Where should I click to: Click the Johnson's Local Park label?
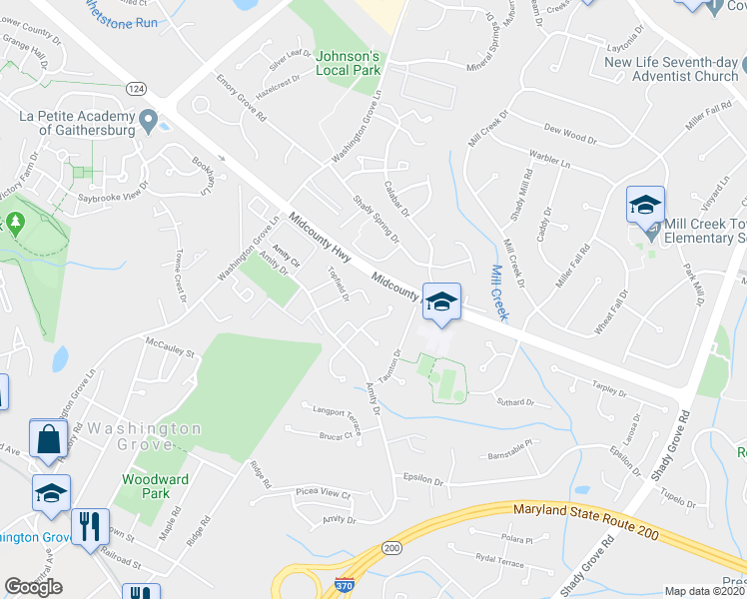point(347,63)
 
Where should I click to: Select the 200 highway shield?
point(391,548)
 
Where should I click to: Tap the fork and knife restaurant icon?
point(90,524)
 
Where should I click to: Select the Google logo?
point(33,587)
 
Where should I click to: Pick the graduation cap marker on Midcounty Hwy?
point(440,301)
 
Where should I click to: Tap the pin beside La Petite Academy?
point(149,123)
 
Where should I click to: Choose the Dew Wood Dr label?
point(568,130)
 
